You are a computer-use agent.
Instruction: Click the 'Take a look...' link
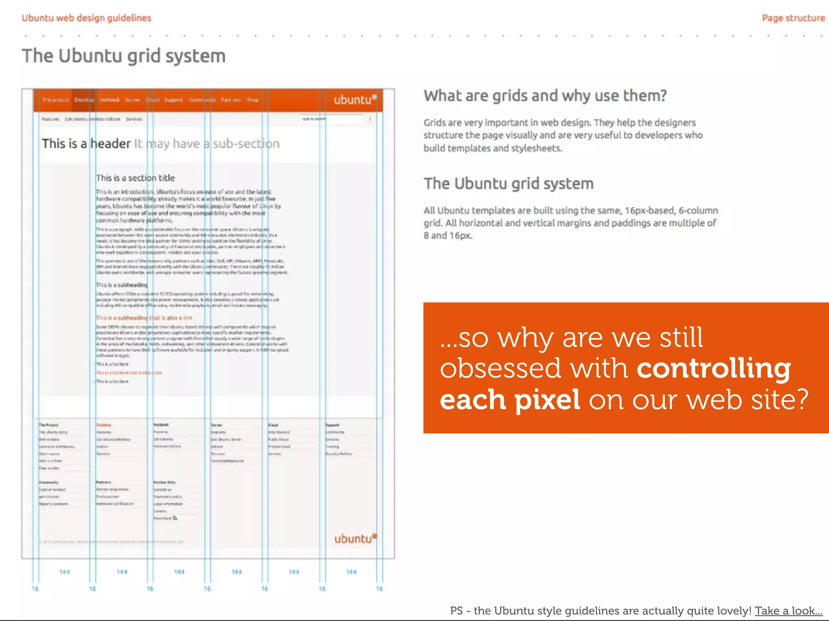[789, 610]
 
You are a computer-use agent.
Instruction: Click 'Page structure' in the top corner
[793, 18]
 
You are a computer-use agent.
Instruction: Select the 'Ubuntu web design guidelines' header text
[86, 18]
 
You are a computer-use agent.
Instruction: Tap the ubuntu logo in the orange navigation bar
[355, 100]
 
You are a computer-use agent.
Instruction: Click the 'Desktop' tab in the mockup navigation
[84, 100]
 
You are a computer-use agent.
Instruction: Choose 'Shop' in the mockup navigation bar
[253, 100]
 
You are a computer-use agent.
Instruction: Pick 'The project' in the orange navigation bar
[55, 100]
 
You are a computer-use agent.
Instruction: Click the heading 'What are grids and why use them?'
[545, 96]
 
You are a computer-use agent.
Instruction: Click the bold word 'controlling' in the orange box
[714, 368]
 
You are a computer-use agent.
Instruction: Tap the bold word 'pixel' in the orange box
[547, 399]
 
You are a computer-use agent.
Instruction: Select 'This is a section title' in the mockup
[135, 178]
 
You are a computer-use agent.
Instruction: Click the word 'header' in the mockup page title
[110, 144]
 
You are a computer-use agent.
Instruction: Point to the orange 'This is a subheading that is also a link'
[144, 318]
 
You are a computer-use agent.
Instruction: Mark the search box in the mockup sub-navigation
[332, 119]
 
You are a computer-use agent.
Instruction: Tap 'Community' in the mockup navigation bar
[202, 100]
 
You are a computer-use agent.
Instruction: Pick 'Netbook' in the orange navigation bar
[110, 100]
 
